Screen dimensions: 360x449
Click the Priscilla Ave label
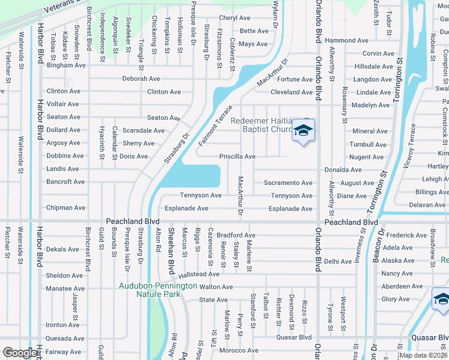[237, 157]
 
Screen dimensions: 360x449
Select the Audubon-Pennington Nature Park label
[158, 290]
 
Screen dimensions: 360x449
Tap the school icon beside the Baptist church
[304, 131]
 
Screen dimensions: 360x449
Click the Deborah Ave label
[141, 79]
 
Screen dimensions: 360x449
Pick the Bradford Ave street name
[236, 235]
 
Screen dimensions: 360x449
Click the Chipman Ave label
[66, 208]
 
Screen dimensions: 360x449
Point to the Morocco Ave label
[238, 350]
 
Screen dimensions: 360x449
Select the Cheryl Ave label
[234, 19]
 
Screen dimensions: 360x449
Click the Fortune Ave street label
[295, 79]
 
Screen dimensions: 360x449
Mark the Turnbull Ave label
[368, 145]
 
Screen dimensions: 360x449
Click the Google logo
[20, 353]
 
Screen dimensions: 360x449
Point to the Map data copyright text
[423, 355]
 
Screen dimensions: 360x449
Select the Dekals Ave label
[62, 249]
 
